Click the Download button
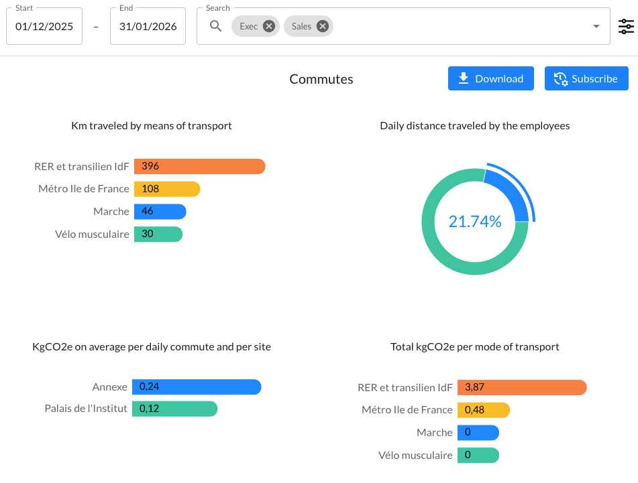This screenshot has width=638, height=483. click(x=490, y=78)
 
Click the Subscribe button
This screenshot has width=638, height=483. click(x=586, y=78)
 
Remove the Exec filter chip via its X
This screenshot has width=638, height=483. click(x=269, y=26)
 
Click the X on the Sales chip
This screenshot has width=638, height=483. click(x=323, y=26)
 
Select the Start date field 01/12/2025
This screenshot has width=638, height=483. click(x=44, y=27)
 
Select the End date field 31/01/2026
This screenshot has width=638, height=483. click(x=148, y=27)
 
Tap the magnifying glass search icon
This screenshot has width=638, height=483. click(x=215, y=26)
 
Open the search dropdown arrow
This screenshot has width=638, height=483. click(x=596, y=27)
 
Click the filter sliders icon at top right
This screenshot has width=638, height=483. click(x=625, y=27)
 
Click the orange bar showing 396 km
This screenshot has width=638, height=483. click(x=200, y=166)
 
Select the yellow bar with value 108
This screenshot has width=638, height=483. click(x=167, y=189)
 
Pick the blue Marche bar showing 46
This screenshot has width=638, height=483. click(x=160, y=212)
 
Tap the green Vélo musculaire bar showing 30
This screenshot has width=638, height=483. click(x=158, y=234)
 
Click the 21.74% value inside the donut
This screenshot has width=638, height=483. click(x=475, y=222)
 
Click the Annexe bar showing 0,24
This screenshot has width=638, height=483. click(x=196, y=387)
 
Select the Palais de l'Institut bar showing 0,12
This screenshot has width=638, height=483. click(x=174, y=409)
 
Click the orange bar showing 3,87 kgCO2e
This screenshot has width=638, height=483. click(x=522, y=387)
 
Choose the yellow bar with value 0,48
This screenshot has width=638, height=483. click(x=484, y=410)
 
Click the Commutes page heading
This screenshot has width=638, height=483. click(x=321, y=79)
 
